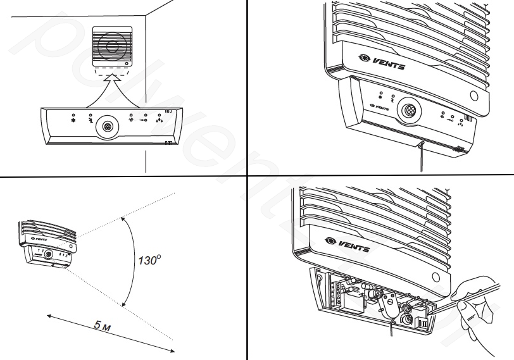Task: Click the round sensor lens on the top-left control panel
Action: click(107, 126)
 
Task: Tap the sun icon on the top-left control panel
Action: click(130, 120)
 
